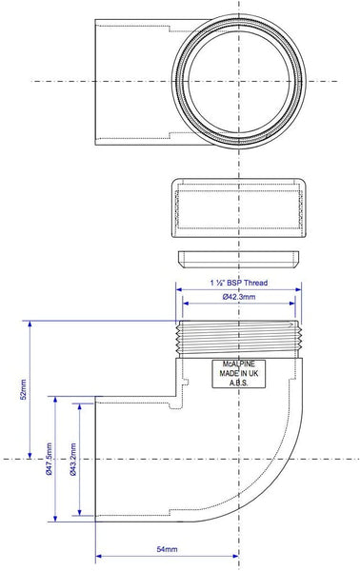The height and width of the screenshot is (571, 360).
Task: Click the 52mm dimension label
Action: (x=23, y=389)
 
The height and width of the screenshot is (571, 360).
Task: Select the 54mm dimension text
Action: (x=167, y=549)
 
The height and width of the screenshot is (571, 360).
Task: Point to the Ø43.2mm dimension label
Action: (x=72, y=460)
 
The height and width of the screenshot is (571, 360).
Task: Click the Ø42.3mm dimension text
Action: (x=239, y=297)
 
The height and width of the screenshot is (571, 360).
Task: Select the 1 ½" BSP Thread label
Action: (x=239, y=283)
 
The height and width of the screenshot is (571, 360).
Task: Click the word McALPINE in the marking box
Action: (x=239, y=364)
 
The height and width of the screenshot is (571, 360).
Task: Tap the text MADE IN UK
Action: (x=239, y=373)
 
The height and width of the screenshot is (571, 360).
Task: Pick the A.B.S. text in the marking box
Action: (x=239, y=383)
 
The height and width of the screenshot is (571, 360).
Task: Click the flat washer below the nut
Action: (x=239, y=259)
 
